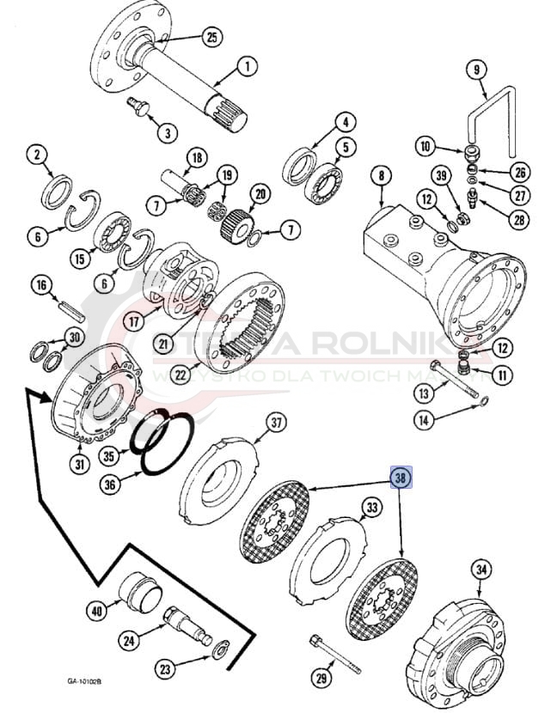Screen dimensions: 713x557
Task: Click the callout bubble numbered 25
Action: pyautogui.click(x=212, y=37)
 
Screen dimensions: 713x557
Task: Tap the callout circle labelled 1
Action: pyautogui.click(x=246, y=65)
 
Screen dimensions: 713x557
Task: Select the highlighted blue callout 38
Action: pyautogui.click(x=401, y=478)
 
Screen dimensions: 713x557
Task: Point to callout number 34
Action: pyautogui.click(x=481, y=569)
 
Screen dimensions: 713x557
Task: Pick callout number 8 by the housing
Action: pyautogui.click(x=379, y=177)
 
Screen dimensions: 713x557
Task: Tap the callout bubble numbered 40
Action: pyautogui.click(x=95, y=611)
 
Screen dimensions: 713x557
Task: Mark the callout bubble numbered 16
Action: pyautogui.click(x=40, y=284)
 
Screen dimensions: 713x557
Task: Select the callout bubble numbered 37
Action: pyautogui.click(x=276, y=423)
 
